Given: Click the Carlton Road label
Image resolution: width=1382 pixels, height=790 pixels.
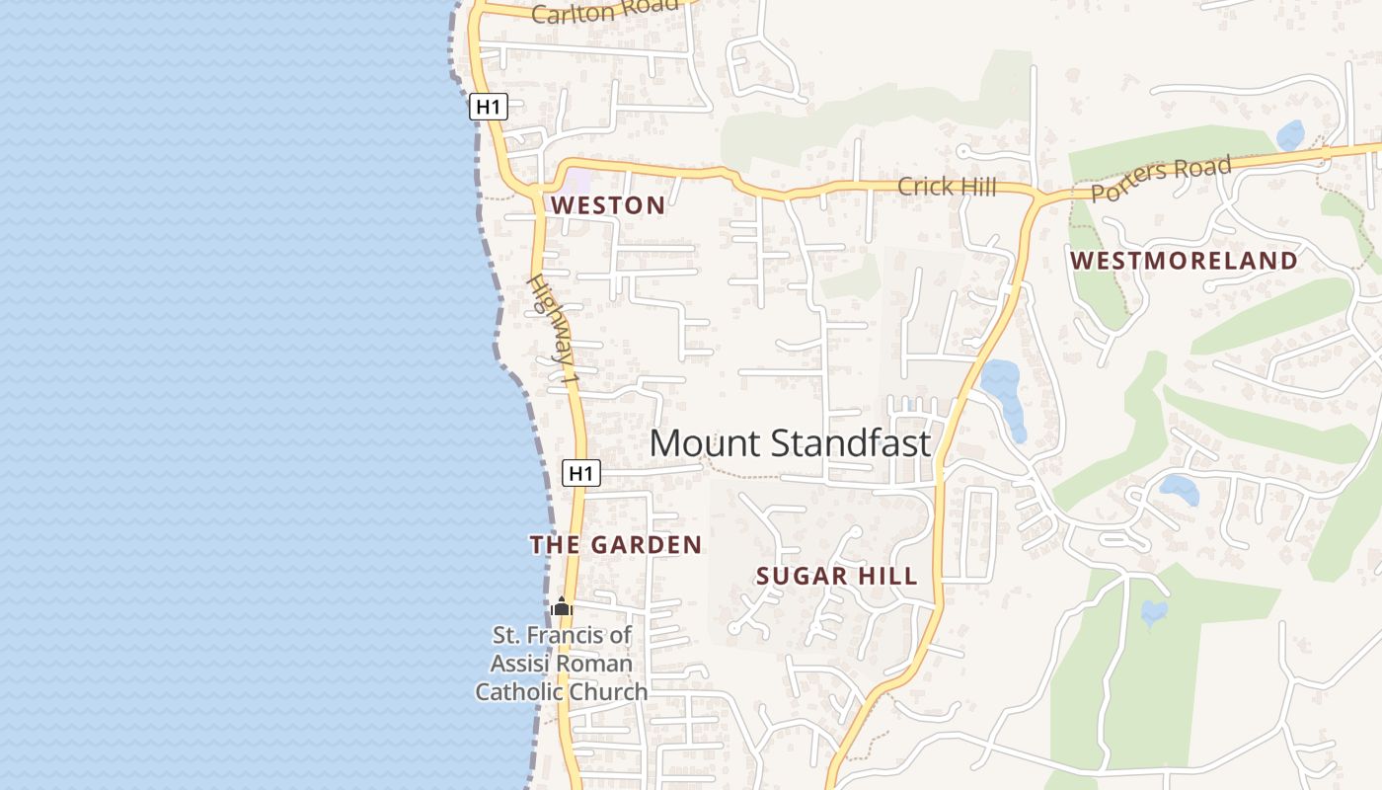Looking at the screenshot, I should tap(604, 11).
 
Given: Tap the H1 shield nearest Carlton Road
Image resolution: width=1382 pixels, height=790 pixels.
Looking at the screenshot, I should tap(488, 107).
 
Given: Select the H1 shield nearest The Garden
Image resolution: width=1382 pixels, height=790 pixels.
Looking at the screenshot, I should tap(581, 473).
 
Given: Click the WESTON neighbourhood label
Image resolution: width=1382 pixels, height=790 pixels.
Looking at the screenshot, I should tap(608, 205).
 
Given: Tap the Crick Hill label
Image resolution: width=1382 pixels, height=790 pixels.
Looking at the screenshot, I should tap(946, 186).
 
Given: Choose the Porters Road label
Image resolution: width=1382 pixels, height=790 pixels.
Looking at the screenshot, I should tap(1162, 178).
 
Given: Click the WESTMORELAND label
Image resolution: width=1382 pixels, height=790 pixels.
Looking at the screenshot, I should tap(1184, 261).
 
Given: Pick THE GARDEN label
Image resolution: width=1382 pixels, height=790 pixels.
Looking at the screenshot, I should tap(615, 544).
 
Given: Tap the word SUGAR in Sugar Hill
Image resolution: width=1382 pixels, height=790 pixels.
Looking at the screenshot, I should tap(796, 576).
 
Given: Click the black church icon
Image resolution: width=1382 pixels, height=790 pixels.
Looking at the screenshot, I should tap(562, 606).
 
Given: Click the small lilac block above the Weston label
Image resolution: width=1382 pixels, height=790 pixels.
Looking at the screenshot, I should tap(576, 181).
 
